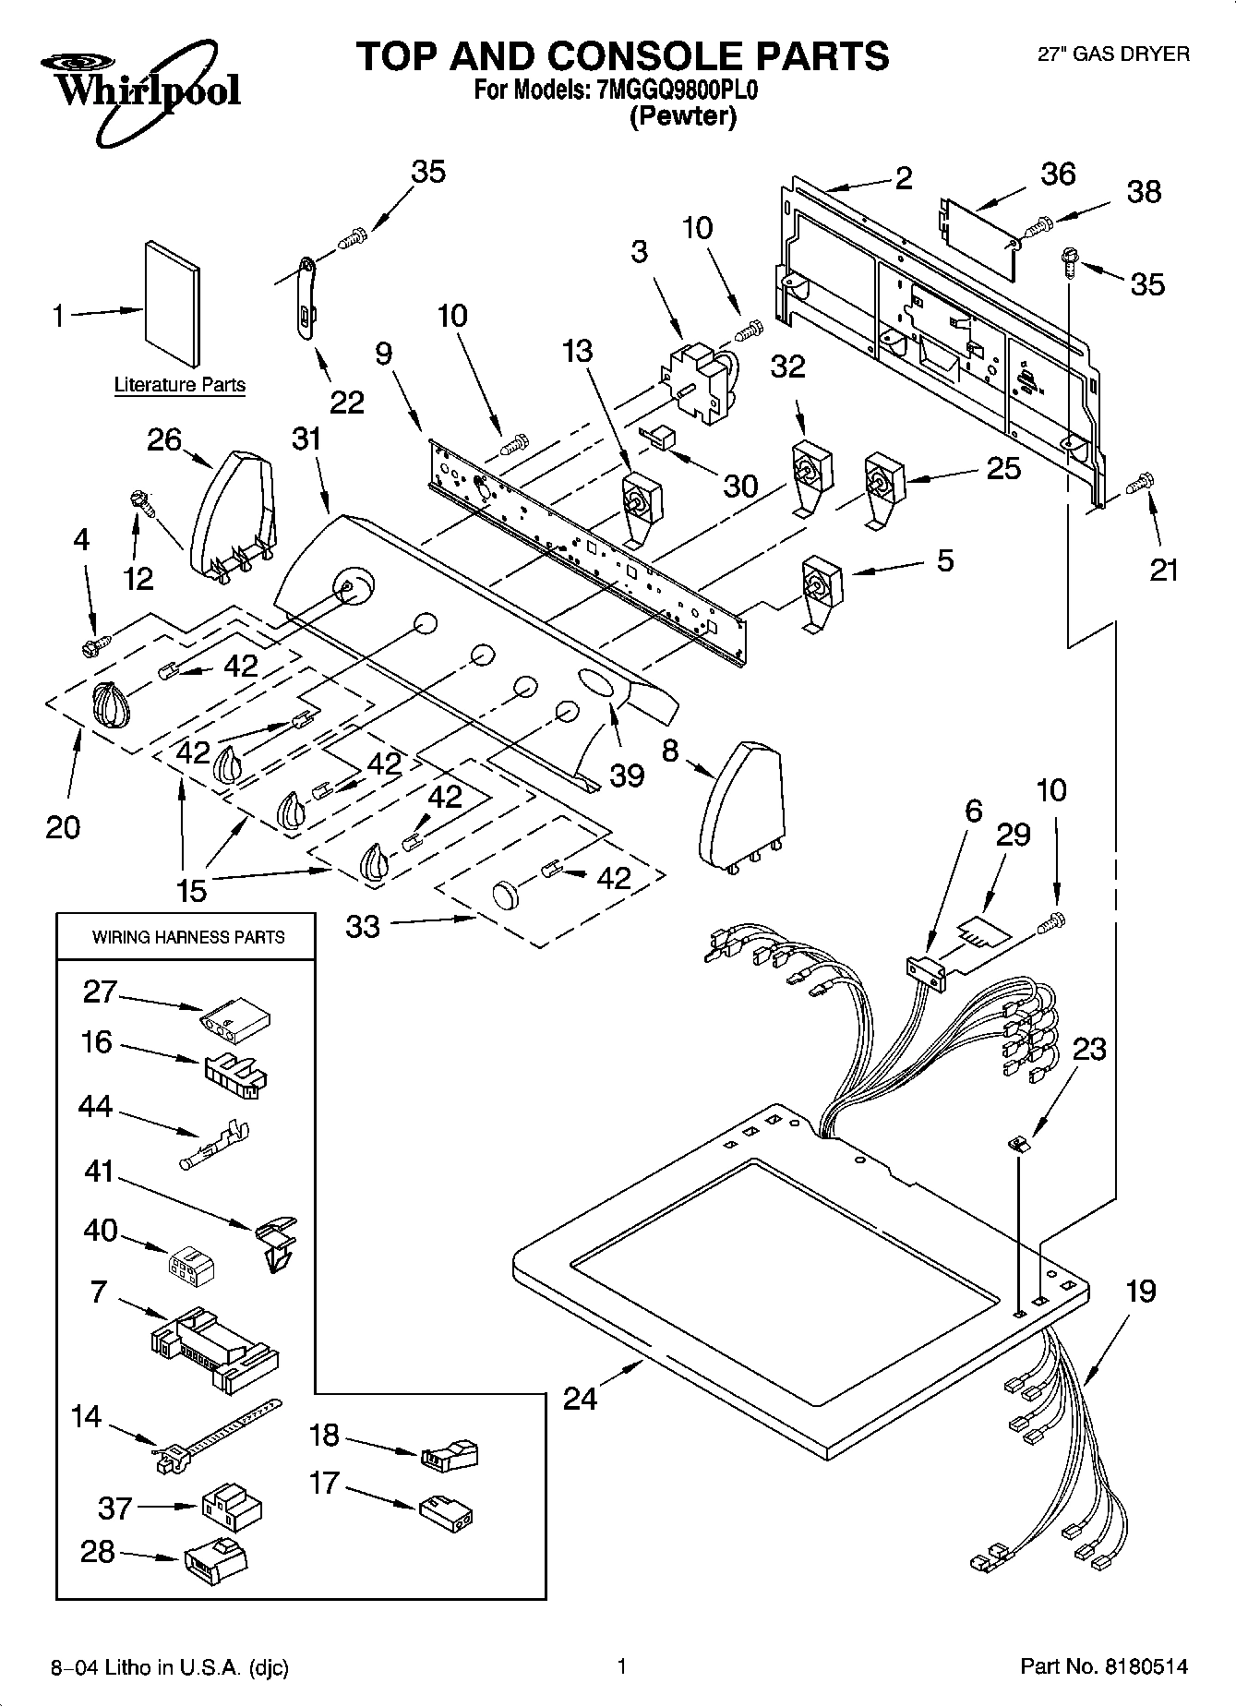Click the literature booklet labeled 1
(171, 303)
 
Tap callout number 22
(346, 403)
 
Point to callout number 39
(627, 775)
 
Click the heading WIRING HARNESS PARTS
(188, 937)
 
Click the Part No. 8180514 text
(1103, 1666)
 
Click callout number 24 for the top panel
(581, 1400)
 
